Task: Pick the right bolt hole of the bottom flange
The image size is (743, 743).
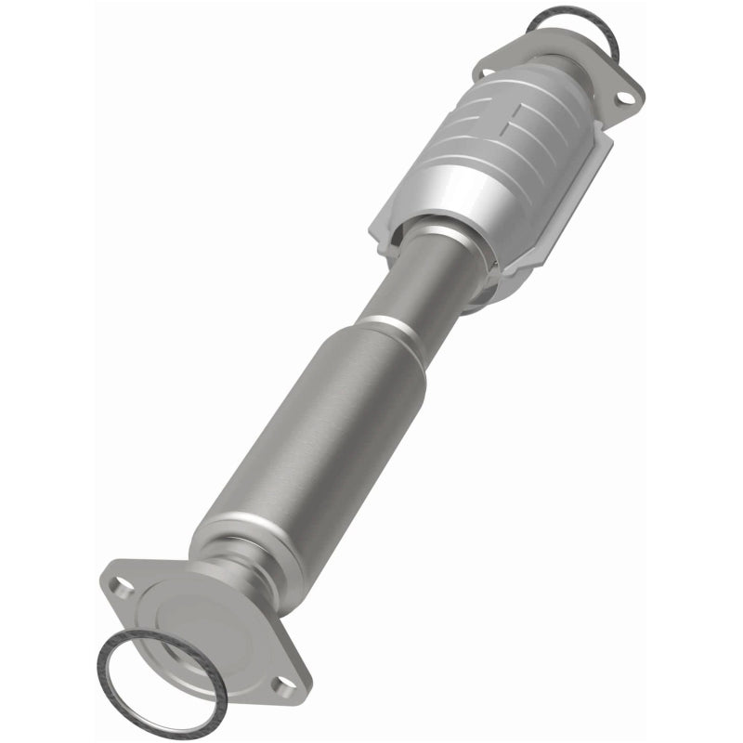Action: tap(279, 684)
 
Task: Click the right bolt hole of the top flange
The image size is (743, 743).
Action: tap(626, 94)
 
